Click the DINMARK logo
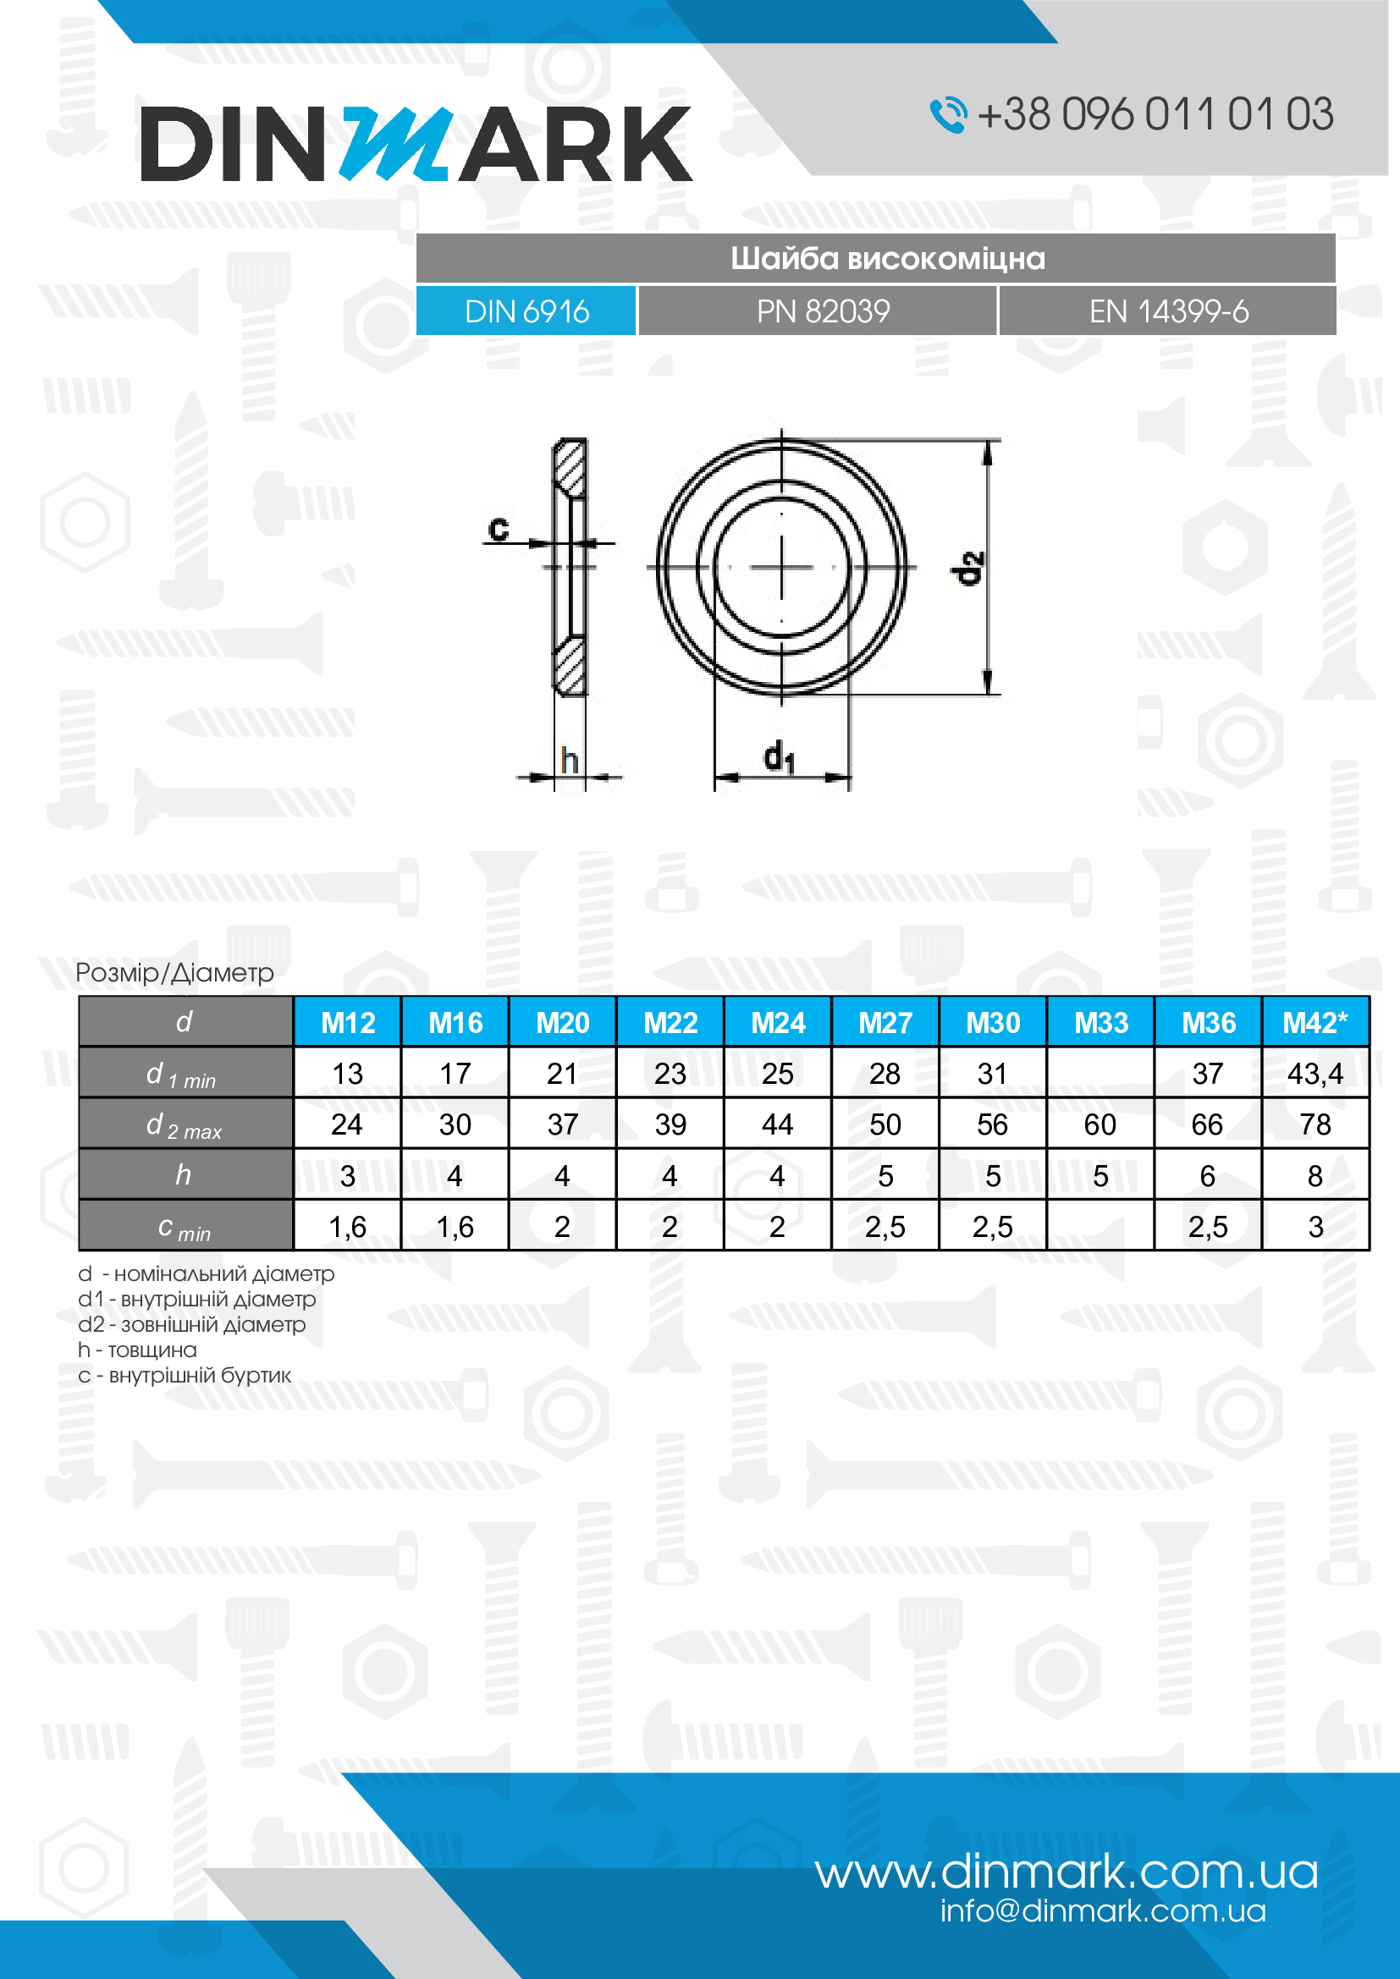point(416,144)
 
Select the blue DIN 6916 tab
point(526,311)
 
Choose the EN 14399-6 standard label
point(1167,311)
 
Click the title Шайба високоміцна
point(887,259)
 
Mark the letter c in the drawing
point(499,526)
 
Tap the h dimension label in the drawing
point(569,761)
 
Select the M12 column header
point(347,1022)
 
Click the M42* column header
point(1315,1022)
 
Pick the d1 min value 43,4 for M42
point(1315,1073)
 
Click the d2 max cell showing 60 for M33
point(1100,1124)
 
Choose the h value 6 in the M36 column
point(1207,1175)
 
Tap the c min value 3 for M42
point(1315,1226)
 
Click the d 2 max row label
point(185,1124)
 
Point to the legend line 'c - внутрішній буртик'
point(185,1375)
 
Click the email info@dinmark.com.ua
point(1102,1911)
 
